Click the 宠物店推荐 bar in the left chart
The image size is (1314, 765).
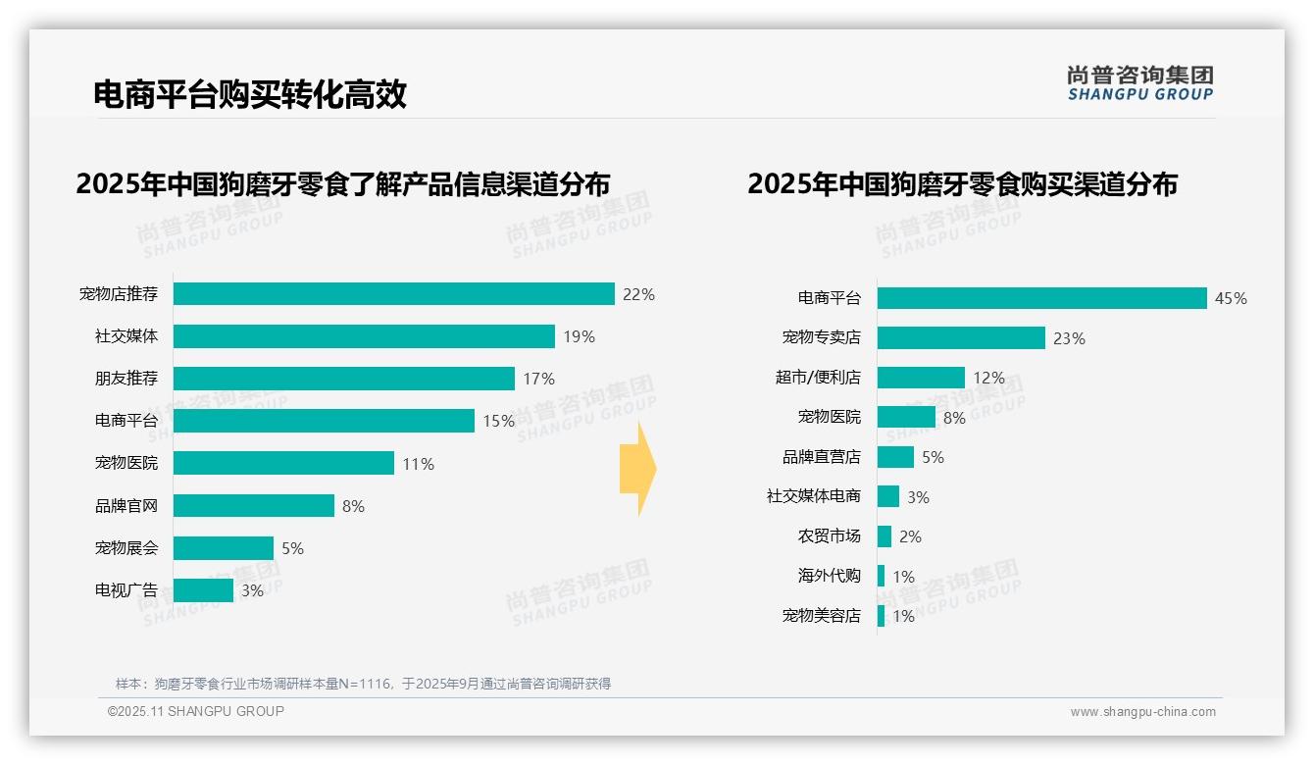(x=393, y=294)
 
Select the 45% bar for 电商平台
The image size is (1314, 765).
(x=1041, y=298)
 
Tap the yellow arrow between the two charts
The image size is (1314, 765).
(x=637, y=470)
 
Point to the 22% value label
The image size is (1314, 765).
(x=638, y=294)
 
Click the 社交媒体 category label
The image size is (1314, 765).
(x=126, y=336)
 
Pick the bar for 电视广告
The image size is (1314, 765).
(x=203, y=590)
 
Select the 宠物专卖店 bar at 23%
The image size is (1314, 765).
(x=961, y=338)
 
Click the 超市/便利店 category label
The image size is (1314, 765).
(x=818, y=378)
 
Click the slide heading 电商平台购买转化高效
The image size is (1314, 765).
(x=249, y=94)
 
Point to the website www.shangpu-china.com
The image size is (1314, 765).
(x=1142, y=712)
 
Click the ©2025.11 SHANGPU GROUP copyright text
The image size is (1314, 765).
(x=196, y=711)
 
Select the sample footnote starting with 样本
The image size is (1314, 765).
(x=363, y=684)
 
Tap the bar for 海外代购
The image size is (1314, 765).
(x=881, y=577)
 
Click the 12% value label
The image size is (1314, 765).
(x=989, y=379)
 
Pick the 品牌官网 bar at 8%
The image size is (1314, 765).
(x=254, y=506)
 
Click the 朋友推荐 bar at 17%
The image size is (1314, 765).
(x=344, y=379)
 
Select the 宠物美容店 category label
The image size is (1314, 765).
(x=821, y=616)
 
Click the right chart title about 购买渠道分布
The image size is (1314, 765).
(x=962, y=184)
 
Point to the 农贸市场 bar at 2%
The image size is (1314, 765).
(x=884, y=536)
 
